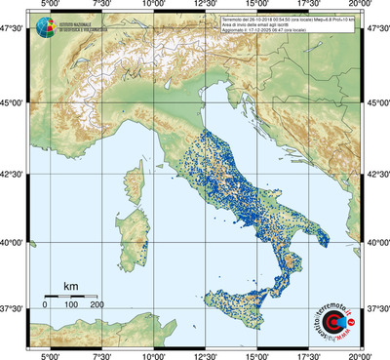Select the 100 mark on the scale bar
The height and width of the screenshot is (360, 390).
[x=70, y=305]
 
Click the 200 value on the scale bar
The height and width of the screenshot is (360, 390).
[x=96, y=305]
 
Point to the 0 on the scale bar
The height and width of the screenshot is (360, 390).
[x=45, y=305]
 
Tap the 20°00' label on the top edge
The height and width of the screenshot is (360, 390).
[x=362, y=7]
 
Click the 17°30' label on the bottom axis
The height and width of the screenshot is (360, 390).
[x=310, y=354]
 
